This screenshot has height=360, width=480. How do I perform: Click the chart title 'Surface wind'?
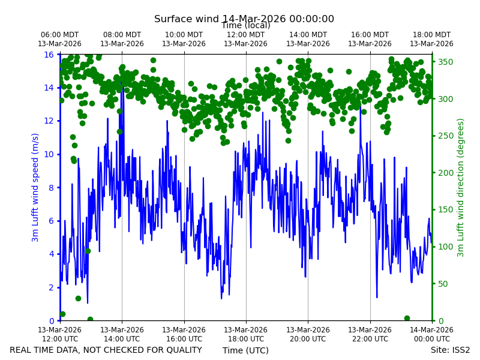point(187,19)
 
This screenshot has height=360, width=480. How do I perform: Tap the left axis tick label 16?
point(49,55)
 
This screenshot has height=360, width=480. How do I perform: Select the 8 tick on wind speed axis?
point(51,188)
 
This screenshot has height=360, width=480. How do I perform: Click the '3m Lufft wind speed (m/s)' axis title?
point(35,187)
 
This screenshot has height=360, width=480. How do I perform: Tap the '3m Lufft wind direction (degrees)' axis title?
point(461,188)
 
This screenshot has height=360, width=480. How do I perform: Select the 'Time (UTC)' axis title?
point(245,350)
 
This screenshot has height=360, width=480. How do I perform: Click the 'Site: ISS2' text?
point(450,350)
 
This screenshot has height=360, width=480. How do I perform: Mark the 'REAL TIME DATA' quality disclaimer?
point(106,350)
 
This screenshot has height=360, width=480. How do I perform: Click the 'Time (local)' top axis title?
point(246,25)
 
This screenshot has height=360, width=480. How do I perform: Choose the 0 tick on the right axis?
point(440,321)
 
